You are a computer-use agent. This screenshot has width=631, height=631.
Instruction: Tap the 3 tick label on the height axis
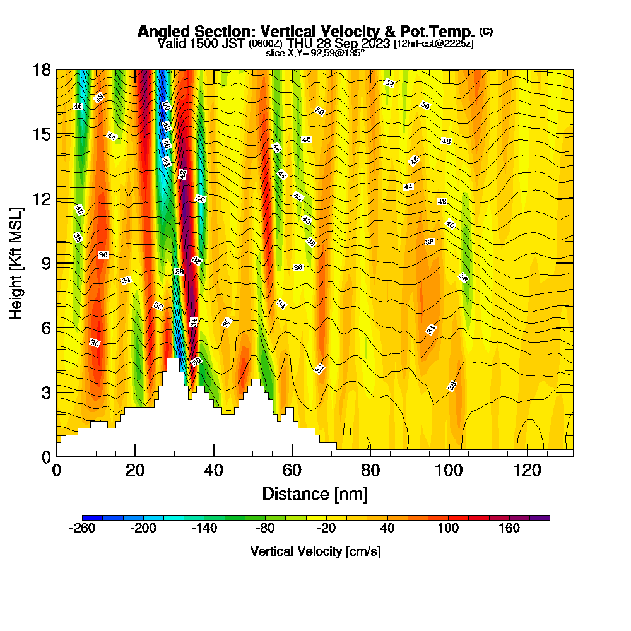coord(45,392)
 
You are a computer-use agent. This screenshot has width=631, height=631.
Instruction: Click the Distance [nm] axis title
coord(314,493)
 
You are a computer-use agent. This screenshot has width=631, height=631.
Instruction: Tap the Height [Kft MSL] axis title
coord(16,262)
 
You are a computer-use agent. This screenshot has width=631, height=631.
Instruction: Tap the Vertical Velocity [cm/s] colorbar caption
coord(315,551)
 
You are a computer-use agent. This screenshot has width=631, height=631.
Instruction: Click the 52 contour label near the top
coord(389,83)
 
